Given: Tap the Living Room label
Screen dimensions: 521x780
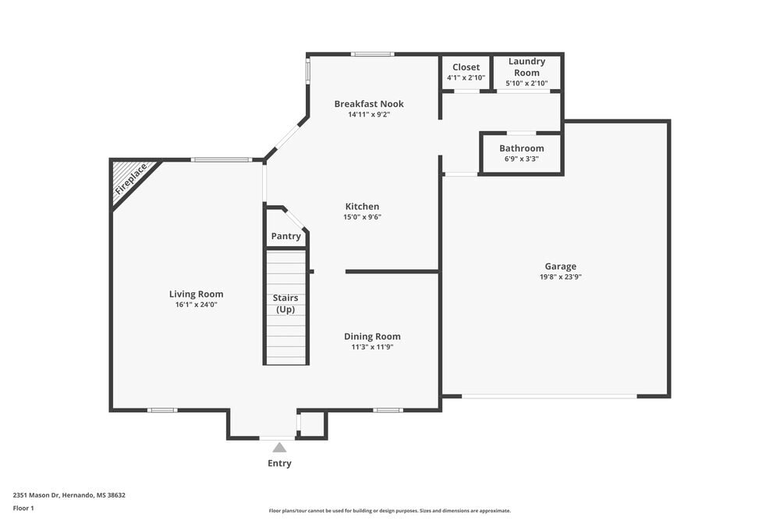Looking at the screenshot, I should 196,294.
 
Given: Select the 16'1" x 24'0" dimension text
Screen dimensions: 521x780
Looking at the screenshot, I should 196,305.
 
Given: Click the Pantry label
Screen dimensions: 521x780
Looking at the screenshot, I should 285,237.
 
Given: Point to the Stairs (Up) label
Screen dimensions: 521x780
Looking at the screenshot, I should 285,304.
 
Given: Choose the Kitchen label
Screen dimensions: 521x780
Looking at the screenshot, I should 362,207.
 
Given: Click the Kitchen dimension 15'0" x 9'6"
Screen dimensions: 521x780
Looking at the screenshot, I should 362,218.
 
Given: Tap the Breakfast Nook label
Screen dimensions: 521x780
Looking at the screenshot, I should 369,104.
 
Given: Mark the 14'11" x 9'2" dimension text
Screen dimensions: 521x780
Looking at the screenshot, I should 369,115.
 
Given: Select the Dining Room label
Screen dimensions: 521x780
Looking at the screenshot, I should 372,337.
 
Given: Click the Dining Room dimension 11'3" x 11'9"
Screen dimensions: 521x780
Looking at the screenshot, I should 372,348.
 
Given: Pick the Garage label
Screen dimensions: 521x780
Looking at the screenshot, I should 560,266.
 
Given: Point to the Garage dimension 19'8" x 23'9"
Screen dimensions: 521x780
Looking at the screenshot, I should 560,277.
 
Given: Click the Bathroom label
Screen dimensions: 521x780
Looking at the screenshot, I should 521,148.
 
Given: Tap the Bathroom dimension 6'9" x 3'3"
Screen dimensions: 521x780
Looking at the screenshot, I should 521,159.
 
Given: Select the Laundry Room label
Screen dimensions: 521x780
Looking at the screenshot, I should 526,67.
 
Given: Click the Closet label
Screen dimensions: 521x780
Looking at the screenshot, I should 466,67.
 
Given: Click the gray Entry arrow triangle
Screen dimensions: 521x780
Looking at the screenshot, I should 279,448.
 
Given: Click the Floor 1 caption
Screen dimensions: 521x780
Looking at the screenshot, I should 23,509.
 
